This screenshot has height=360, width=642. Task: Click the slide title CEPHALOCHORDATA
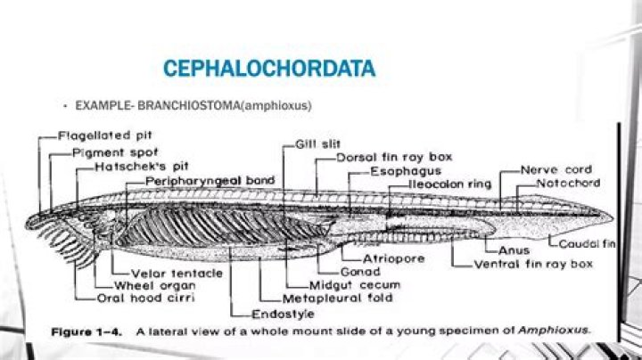coord(269,69)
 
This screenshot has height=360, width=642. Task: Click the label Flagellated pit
coord(105,135)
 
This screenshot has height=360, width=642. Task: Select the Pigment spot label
coord(115,153)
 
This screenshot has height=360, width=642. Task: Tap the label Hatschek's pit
coord(141,167)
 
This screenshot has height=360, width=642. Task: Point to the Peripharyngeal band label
coord(210,181)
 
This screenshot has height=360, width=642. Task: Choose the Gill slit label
coord(317,144)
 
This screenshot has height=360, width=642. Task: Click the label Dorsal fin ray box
coord(394,157)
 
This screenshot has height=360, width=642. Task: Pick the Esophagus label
coord(406,171)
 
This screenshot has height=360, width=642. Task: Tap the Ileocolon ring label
coord(450,184)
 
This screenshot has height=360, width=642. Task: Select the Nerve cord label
coord(556,169)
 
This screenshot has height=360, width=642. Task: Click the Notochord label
coord(568,183)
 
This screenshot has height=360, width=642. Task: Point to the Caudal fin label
coord(587,244)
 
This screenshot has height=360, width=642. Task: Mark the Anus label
coord(514,250)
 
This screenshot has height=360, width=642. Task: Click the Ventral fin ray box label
coord(533,265)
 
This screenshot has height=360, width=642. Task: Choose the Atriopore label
coord(393,259)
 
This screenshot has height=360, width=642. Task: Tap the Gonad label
coord(360,272)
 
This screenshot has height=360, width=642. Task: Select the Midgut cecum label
coord(355,285)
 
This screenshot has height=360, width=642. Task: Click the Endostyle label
coord(283,315)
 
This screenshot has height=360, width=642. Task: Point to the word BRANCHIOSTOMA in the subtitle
coord(189,105)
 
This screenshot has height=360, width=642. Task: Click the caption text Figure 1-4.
coord(86,331)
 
